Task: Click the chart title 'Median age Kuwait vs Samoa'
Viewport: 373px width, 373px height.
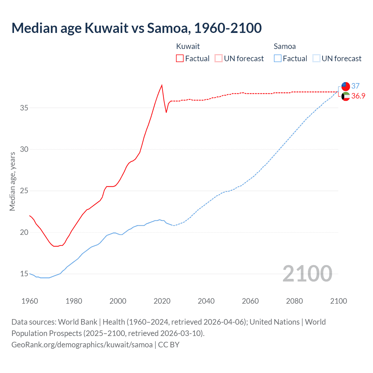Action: (x=136, y=28)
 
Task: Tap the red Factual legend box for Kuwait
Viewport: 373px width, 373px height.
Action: (x=180, y=58)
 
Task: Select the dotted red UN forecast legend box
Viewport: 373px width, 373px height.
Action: (x=219, y=58)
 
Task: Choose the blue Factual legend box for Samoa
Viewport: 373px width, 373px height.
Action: (x=278, y=58)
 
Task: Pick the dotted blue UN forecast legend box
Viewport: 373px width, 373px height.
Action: (x=316, y=58)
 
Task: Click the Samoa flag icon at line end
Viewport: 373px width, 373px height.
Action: (x=346, y=86)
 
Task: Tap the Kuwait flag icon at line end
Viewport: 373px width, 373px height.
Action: (x=346, y=96)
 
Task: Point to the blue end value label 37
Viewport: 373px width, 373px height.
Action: (x=356, y=86)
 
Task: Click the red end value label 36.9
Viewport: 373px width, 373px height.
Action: (x=358, y=96)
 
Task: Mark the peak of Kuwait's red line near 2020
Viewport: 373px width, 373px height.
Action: (x=162, y=85)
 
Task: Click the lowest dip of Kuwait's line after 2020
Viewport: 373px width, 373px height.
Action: (x=166, y=112)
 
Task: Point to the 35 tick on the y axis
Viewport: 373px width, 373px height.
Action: (x=24, y=108)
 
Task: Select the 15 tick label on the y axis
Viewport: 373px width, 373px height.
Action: (x=24, y=274)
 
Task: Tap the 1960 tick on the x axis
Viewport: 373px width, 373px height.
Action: (x=30, y=301)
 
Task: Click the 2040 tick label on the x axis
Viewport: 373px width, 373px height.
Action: (x=206, y=301)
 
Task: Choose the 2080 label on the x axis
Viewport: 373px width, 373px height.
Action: (x=294, y=301)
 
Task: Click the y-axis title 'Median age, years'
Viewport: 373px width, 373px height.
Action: (x=12, y=181)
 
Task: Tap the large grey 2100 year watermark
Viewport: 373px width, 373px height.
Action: (x=307, y=273)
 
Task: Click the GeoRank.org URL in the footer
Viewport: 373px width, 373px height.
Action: (x=82, y=345)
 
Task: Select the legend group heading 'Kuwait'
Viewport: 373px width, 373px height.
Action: (x=188, y=46)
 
